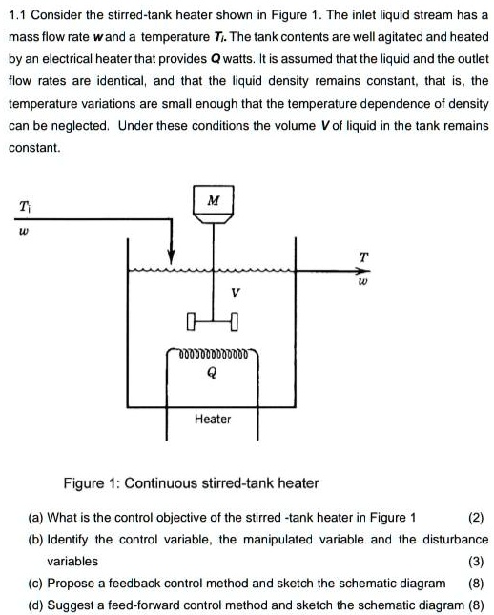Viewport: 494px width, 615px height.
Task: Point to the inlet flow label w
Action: tap(23, 232)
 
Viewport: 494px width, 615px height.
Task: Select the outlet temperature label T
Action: tap(361, 256)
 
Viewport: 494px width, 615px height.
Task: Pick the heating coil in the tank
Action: tap(214, 354)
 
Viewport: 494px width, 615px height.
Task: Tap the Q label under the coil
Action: tap(212, 375)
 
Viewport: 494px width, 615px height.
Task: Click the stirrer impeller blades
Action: tap(213, 318)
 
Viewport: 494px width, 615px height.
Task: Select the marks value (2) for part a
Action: tap(475, 518)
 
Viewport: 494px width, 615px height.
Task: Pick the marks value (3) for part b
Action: tap(475, 561)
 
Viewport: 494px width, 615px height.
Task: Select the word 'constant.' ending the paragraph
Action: tap(34, 148)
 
